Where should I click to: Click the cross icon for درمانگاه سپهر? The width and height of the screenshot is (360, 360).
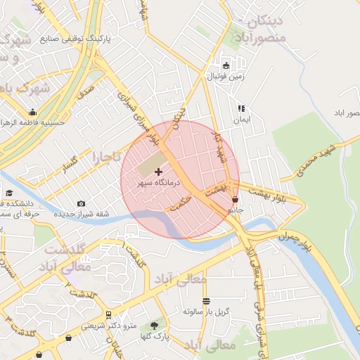pos(158,172)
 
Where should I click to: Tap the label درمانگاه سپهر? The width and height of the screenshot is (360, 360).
pos(159,182)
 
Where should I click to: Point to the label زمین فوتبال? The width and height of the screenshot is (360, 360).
pos(225,76)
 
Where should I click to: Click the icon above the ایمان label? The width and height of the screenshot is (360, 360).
pos(241,108)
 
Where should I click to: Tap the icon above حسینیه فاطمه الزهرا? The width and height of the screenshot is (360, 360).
pos(32,112)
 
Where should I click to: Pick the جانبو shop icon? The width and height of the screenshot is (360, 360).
pos(234,200)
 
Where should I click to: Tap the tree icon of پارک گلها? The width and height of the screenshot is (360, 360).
pos(154,326)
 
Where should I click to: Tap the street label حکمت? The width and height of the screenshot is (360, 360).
pos(180,204)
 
